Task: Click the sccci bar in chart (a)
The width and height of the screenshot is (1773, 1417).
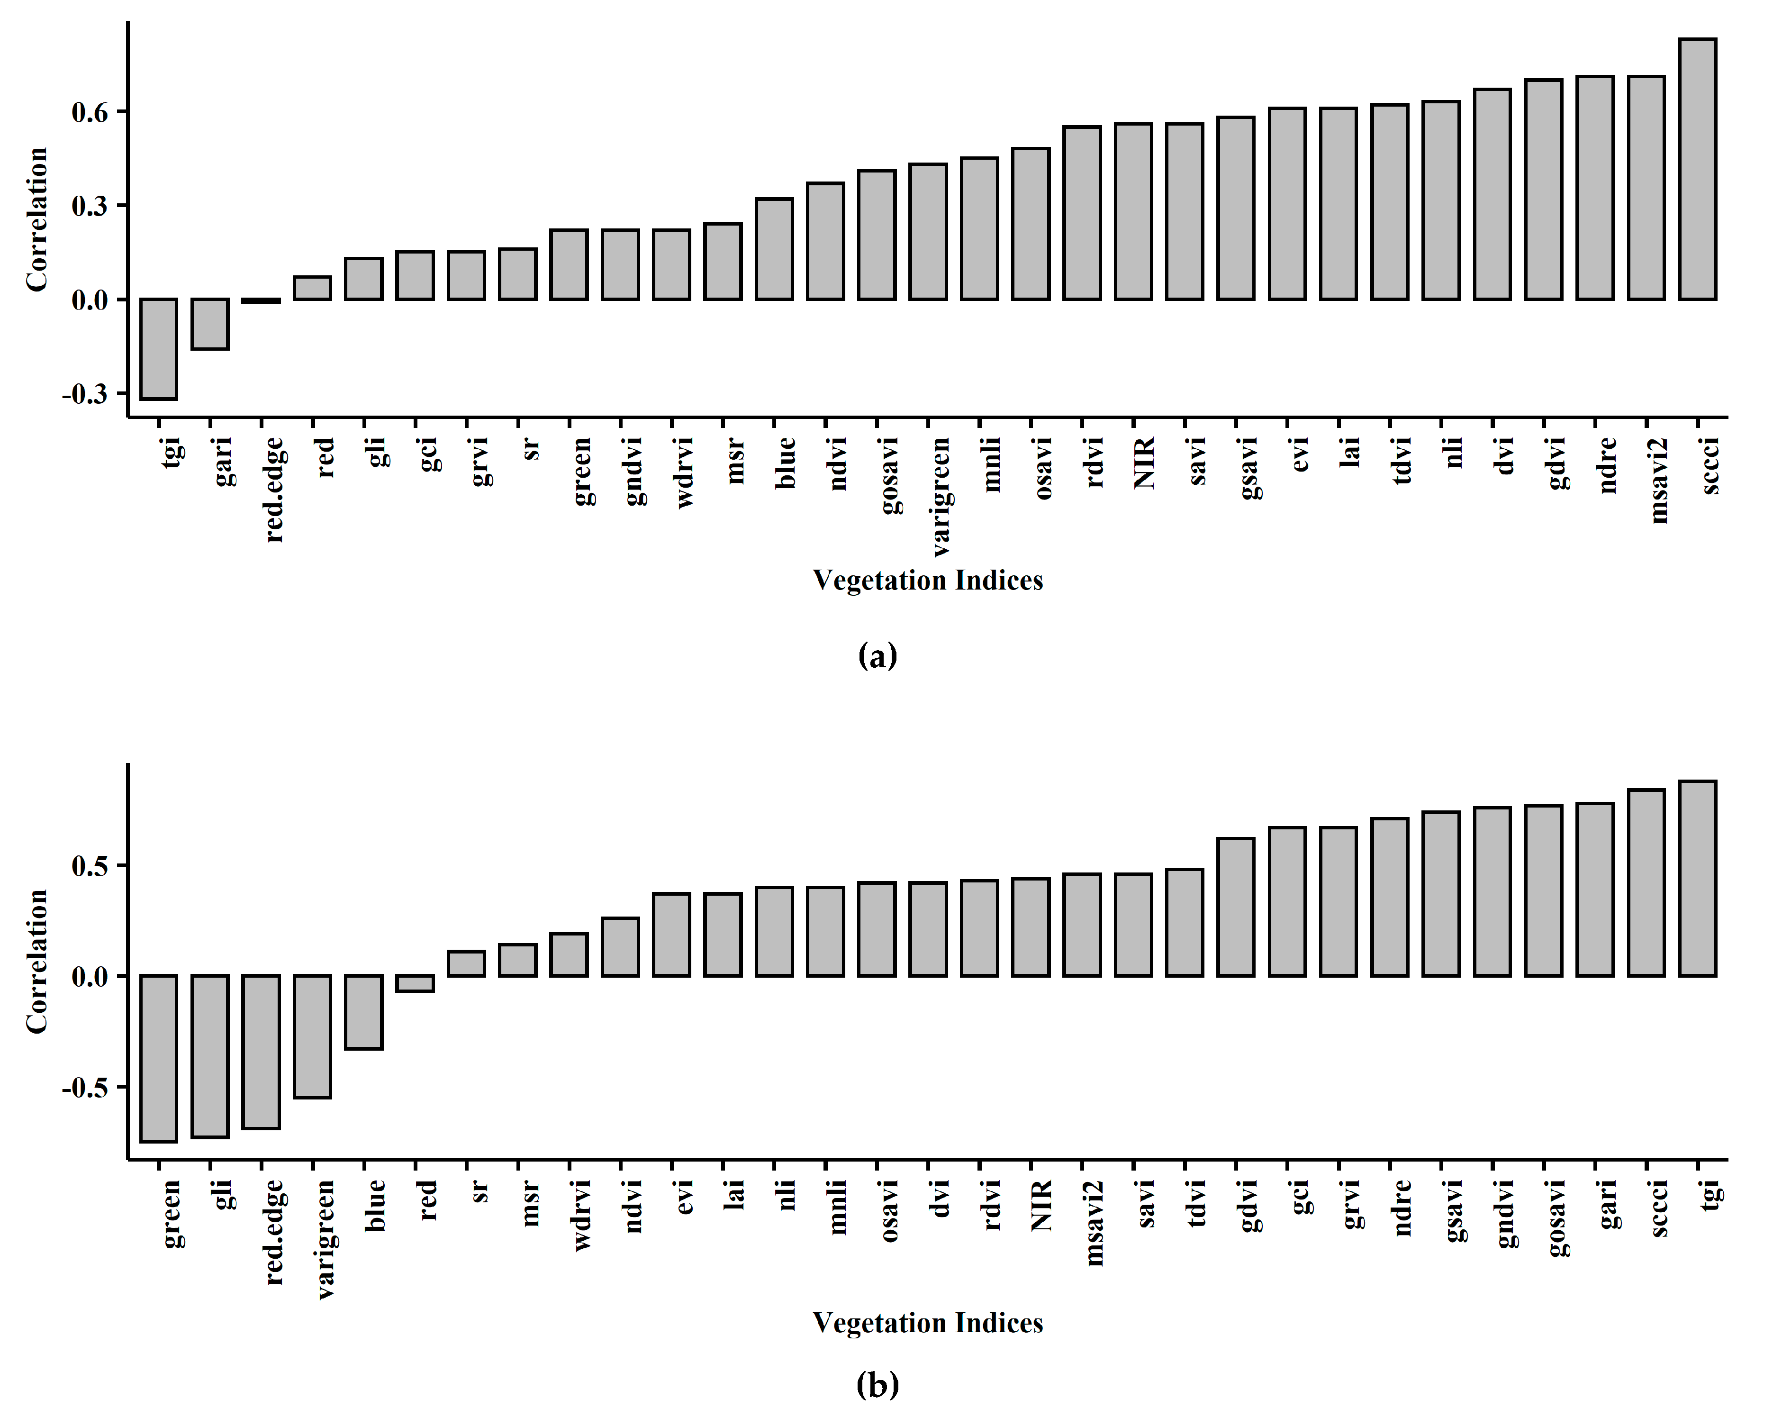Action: pyautogui.click(x=1697, y=169)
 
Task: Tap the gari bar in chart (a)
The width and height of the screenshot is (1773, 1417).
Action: pyautogui.click(x=210, y=324)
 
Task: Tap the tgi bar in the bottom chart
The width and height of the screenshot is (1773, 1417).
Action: pyautogui.click(x=1697, y=878)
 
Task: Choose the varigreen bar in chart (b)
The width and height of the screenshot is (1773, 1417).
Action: pyautogui.click(x=313, y=1036)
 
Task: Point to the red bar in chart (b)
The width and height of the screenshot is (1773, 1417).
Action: pyautogui.click(x=415, y=983)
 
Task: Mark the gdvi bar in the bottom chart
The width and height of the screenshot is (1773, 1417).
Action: pyautogui.click(x=1236, y=907)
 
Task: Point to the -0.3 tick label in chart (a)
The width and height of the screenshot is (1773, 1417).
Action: pyautogui.click(x=85, y=394)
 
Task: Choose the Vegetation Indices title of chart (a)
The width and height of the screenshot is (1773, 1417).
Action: pyautogui.click(x=928, y=581)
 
